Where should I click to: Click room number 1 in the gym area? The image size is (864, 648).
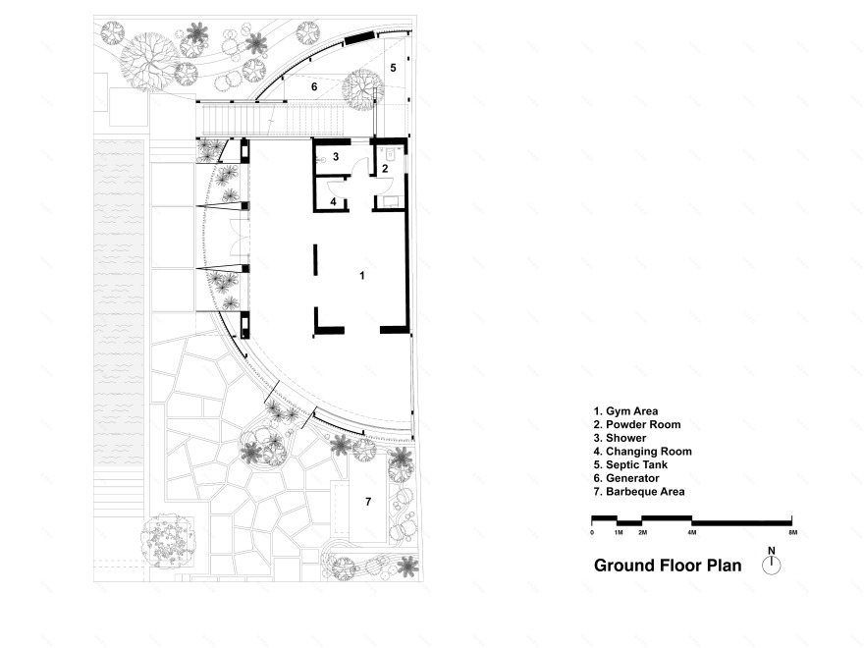point(362,275)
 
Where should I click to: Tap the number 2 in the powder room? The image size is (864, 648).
point(385,169)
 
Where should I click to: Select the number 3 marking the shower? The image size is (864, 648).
point(336,156)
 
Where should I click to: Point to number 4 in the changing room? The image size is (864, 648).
point(334,201)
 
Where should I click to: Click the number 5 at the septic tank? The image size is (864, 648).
point(393,68)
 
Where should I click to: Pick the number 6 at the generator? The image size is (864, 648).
point(314,86)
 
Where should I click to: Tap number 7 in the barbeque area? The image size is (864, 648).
point(368,502)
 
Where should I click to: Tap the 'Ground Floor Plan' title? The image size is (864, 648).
point(668,566)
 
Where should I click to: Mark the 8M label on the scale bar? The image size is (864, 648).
point(793,533)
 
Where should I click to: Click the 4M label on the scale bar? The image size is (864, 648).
point(692,533)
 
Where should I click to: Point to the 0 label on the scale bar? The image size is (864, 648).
point(592,533)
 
